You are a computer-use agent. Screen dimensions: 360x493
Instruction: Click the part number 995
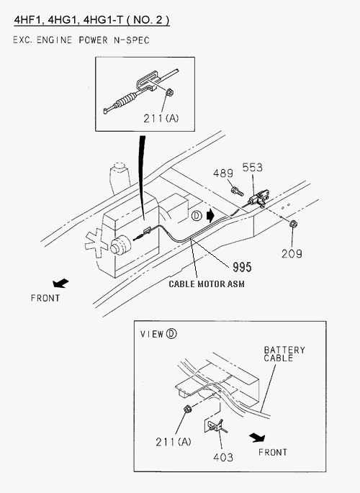(x=242, y=267)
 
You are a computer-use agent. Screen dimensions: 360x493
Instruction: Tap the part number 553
(x=252, y=167)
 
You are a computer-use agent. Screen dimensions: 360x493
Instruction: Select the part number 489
(x=223, y=173)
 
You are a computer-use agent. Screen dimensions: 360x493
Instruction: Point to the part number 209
(x=292, y=253)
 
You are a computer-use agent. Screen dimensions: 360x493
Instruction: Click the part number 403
(x=223, y=457)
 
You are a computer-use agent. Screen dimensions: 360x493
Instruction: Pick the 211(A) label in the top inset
(x=161, y=119)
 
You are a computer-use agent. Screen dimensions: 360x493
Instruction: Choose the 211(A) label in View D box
(x=174, y=442)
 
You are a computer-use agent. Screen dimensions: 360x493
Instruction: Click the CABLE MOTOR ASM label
(x=207, y=284)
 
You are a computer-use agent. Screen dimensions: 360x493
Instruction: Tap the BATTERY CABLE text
(x=284, y=354)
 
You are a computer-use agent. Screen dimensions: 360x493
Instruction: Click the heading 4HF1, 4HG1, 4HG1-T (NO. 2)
(x=92, y=20)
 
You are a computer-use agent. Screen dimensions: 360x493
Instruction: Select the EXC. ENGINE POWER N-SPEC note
(x=81, y=40)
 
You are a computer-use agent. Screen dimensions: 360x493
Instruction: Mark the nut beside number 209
(x=293, y=224)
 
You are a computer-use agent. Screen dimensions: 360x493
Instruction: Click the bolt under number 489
(x=237, y=191)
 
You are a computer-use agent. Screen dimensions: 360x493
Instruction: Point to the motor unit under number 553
(x=259, y=198)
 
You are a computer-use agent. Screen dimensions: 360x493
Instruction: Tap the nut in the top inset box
(x=169, y=92)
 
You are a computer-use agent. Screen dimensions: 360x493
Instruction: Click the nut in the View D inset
(x=187, y=410)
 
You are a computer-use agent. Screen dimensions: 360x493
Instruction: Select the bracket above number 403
(x=215, y=425)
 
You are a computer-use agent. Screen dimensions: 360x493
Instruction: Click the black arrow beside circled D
(x=210, y=216)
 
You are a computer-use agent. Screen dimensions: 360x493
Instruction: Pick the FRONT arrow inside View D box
(x=257, y=438)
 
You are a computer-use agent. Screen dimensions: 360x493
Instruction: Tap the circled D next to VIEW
(x=171, y=334)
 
